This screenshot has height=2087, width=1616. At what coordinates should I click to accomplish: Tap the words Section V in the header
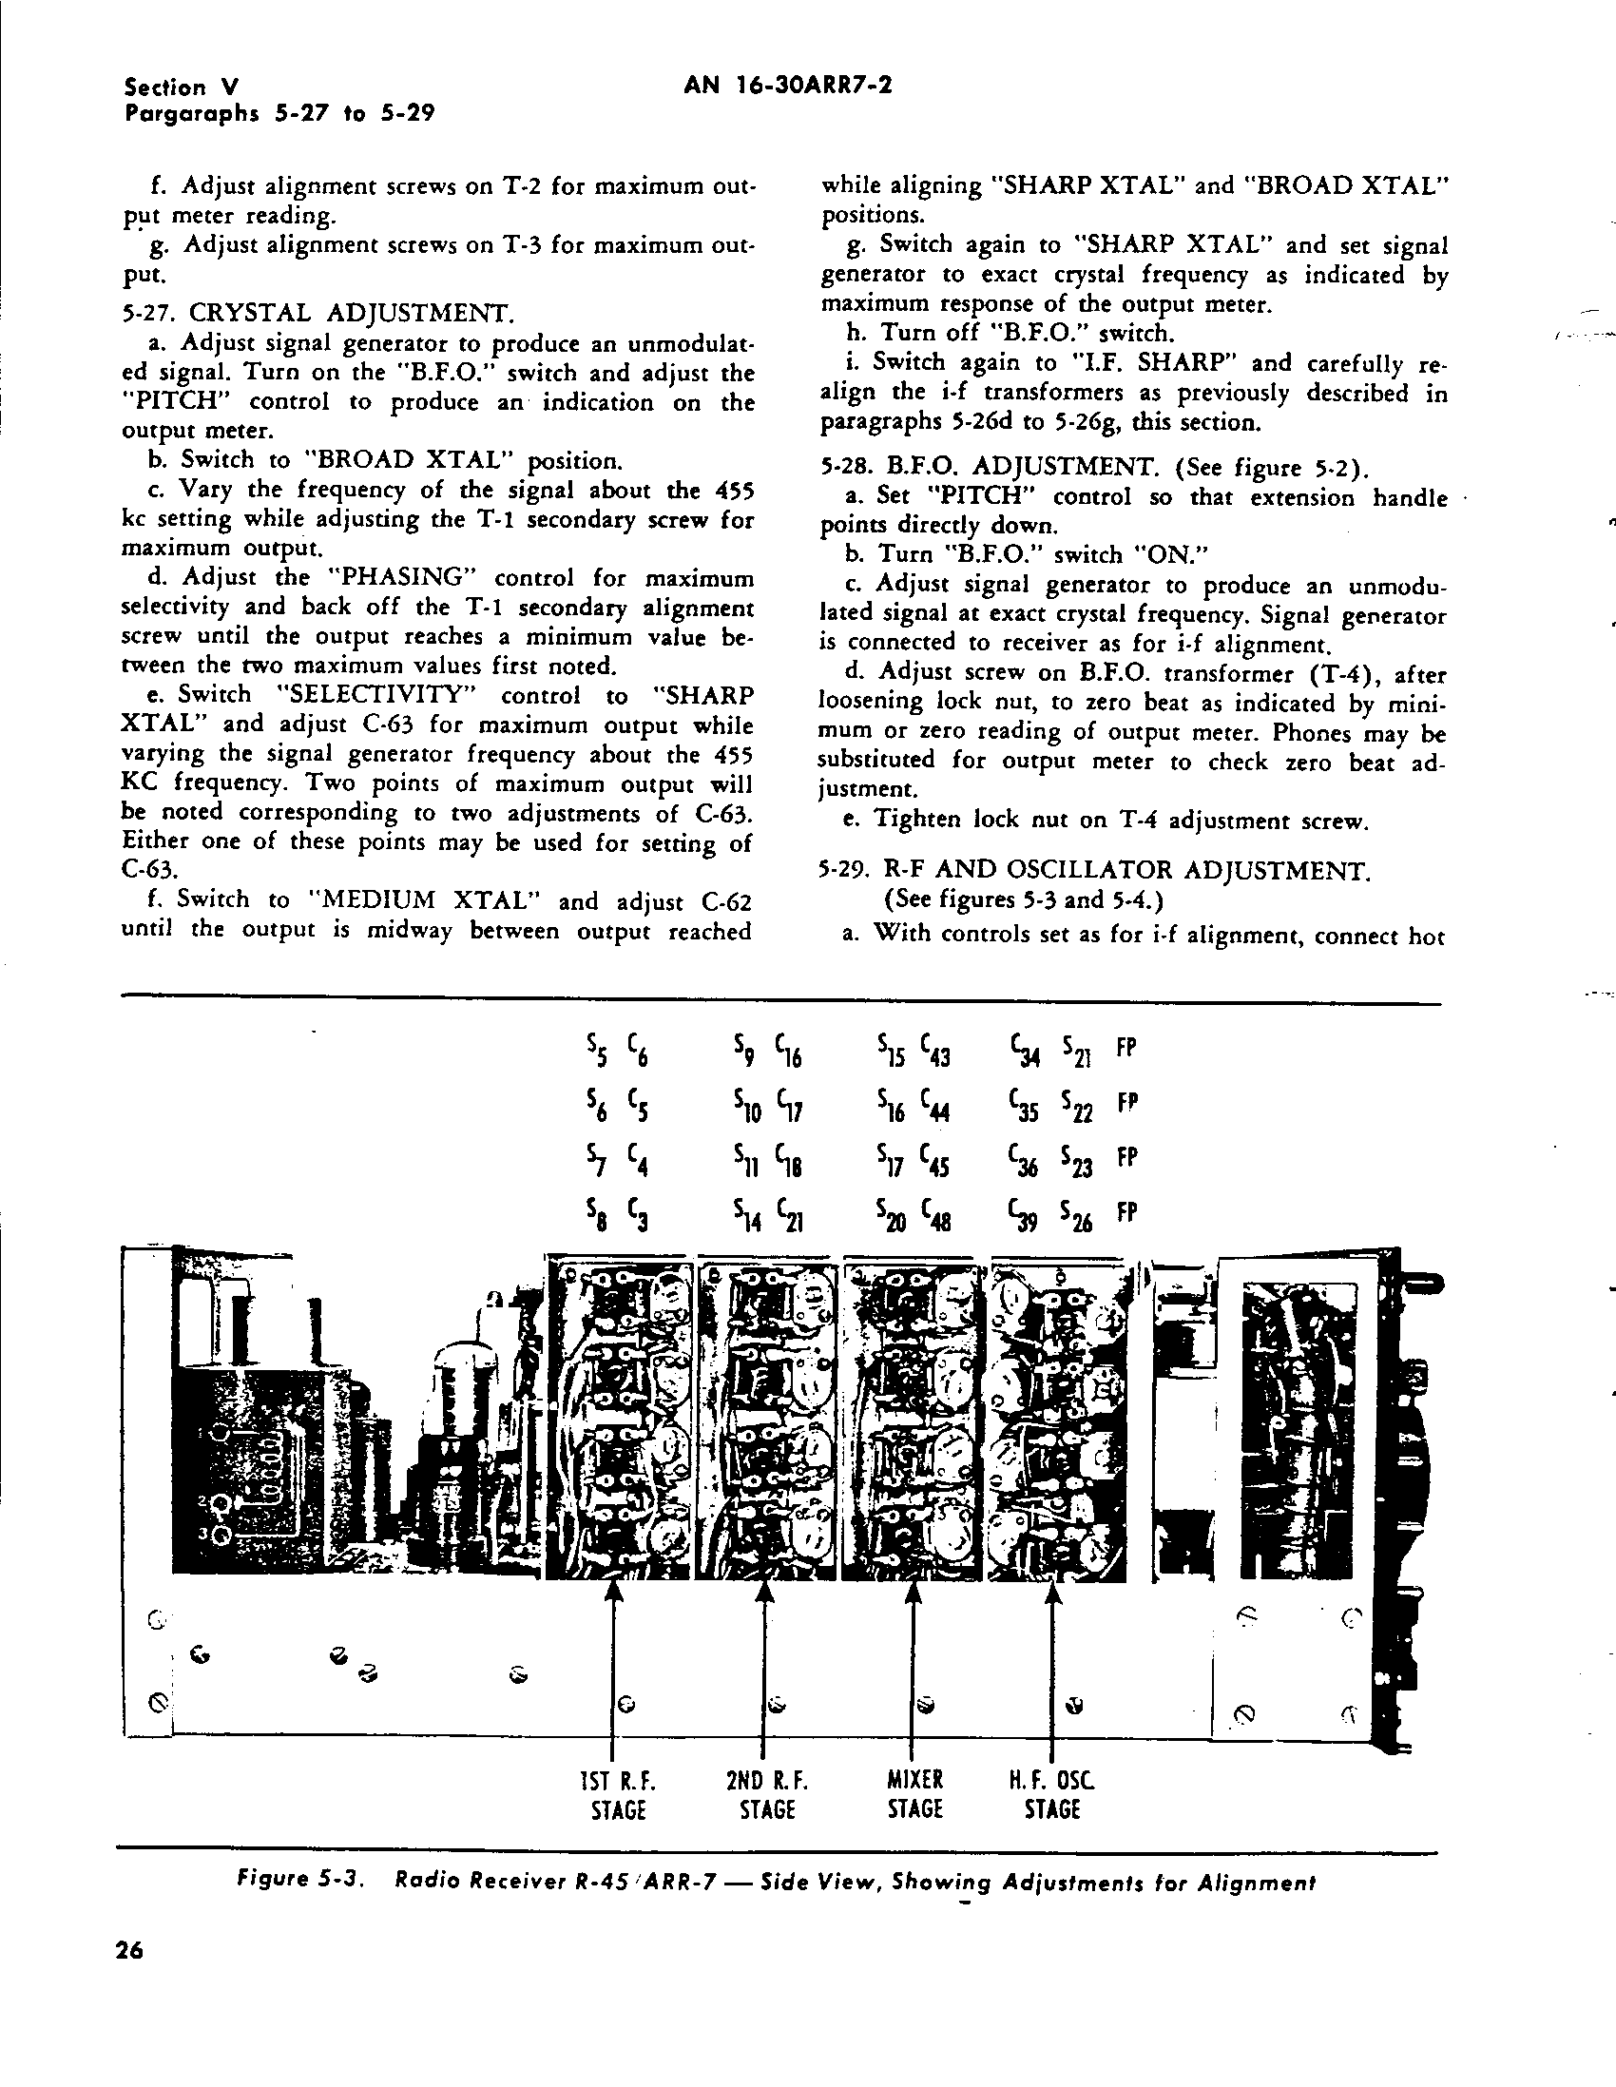click(178, 87)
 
